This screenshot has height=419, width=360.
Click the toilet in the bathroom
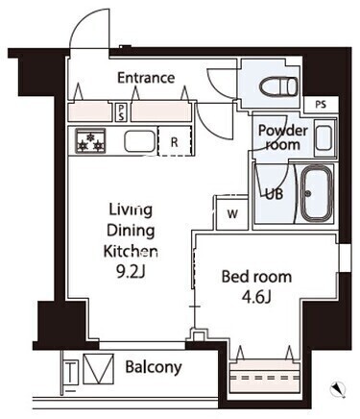click(x=278, y=86)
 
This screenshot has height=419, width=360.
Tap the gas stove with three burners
click(x=90, y=140)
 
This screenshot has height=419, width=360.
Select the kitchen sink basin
click(x=140, y=141)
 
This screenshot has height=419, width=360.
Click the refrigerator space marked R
click(x=176, y=141)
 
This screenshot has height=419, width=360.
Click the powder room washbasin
click(x=324, y=137)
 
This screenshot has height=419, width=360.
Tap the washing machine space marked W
click(x=232, y=213)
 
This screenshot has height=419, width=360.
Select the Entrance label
click(x=146, y=78)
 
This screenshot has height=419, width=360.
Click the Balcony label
click(x=154, y=367)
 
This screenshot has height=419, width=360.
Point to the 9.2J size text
click(x=131, y=272)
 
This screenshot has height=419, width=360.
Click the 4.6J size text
click(x=256, y=297)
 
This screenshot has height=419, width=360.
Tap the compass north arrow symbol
click(x=338, y=388)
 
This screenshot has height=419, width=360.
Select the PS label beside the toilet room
click(x=321, y=105)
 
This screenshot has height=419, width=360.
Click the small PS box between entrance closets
click(x=121, y=112)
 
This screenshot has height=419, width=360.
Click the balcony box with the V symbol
click(x=99, y=369)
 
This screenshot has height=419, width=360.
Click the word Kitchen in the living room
click(x=131, y=252)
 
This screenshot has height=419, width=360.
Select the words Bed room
click(x=256, y=277)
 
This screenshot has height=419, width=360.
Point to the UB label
click(x=275, y=194)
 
